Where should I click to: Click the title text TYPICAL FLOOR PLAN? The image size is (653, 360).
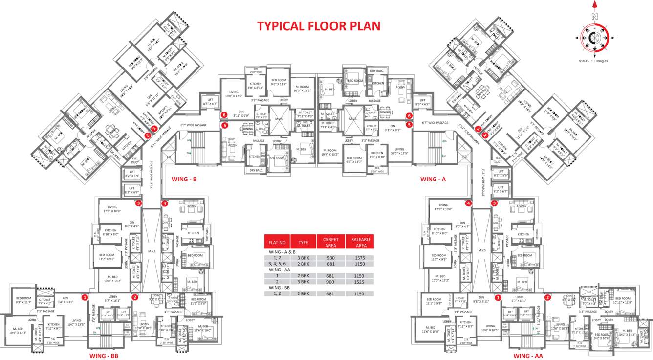pos(319,26)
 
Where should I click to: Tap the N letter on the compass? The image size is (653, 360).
pos(595,16)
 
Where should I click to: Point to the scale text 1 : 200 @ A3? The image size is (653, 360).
pos(595,61)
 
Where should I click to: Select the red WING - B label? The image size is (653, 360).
pos(184,180)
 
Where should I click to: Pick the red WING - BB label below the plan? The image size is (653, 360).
pos(104,356)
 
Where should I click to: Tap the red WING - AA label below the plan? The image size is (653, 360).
pos(528,356)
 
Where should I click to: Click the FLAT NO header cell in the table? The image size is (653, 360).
pos(277,242)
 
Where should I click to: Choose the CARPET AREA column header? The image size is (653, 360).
pos(330,242)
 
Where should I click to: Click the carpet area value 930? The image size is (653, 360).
pos(330,258)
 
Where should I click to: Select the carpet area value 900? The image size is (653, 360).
pos(330,282)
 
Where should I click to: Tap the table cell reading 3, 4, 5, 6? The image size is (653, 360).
pos(277,264)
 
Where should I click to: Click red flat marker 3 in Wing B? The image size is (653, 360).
pos(139,203)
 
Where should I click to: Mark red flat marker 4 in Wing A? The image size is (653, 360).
pos(468,203)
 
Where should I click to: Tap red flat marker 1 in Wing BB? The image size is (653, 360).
pos(85,297)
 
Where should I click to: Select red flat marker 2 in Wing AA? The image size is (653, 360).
pos(548,297)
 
